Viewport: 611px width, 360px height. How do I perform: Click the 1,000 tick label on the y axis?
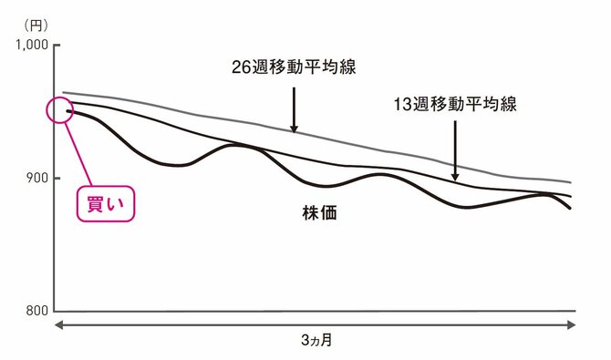click(32, 45)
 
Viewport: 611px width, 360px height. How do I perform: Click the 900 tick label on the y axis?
click(37, 178)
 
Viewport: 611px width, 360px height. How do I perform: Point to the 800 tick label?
click(37, 311)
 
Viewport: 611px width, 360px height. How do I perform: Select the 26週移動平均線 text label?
click(292, 67)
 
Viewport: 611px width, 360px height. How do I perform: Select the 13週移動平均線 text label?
click(455, 104)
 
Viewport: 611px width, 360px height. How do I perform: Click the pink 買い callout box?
click(104, 204)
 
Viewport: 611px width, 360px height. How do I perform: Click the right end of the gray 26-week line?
click(571, 183)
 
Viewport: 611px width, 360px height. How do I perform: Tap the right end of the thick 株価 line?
click(571, 209)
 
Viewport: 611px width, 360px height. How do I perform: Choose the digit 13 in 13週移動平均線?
click(403, 104)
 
